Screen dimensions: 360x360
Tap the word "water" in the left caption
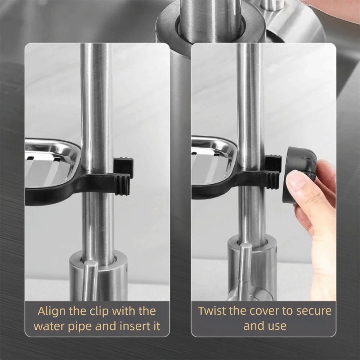pyautogui.click(x=51, y=327)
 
